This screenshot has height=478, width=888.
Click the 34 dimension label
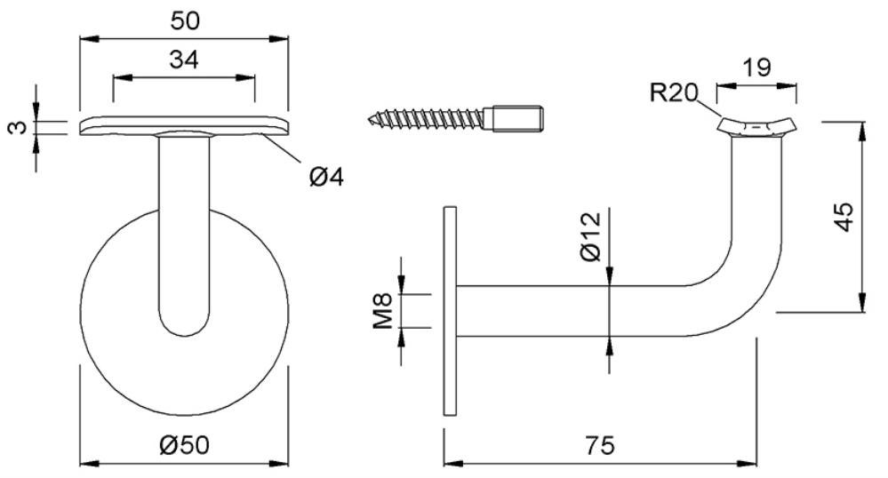coord(184,60)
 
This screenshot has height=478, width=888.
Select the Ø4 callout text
coord(327,178)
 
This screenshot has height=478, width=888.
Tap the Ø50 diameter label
coord(184,445)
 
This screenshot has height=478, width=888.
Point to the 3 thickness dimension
coord(19,127)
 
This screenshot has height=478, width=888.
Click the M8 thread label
coord(383,310)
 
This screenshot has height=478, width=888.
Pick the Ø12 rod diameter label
coord(591,236)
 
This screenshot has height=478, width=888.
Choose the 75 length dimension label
coord(600,446)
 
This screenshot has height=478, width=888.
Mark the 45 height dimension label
coord(844,217)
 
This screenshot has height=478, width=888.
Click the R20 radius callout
coord(674,92)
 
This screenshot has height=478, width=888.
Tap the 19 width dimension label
coord(756,68)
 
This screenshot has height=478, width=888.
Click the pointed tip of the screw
coord(369,120)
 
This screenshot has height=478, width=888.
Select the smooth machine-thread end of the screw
coord(518,119)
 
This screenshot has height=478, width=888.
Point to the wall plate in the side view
coord(451,310)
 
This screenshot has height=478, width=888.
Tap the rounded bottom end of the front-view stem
coord(184,326)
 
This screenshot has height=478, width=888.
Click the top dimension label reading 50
coord(185,21)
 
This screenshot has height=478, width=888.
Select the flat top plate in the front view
coord(184,127)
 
